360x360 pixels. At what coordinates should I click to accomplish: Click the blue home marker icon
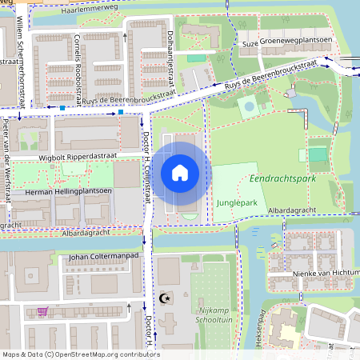click(x=180, y=172)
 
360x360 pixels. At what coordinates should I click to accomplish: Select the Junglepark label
click(x=236, y=203)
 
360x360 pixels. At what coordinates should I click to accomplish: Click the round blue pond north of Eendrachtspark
click(x=250, y=106)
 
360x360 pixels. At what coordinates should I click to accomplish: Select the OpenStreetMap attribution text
click(x=80, y=354)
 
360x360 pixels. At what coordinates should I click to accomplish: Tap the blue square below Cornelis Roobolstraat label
click(x=62, y=106)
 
